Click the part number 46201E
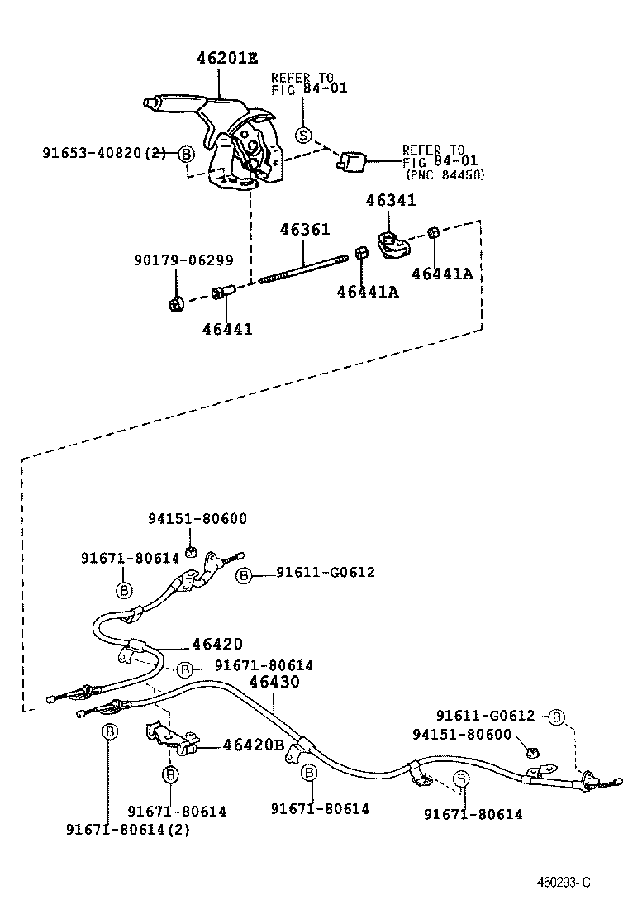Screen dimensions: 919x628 [x=226, y=58]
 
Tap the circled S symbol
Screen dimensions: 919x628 [x=303, y=136]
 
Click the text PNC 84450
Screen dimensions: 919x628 [x=445, y=175]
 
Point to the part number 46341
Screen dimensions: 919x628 [x=391, y=201]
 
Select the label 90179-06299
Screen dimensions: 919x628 [x=183, y=260]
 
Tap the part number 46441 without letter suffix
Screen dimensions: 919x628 [x=227, y=329]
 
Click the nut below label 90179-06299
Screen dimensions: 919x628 [x=174, y=303]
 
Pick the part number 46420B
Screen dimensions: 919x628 [x=254, y=745]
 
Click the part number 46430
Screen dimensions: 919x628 [x=274, y=682]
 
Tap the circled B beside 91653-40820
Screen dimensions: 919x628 [x=186, y=154]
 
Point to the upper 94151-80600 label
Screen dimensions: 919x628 [x=197, y=518]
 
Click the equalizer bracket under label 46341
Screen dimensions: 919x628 [x=392, y=245]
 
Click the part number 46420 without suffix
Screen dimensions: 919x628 [x=217, y=645]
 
